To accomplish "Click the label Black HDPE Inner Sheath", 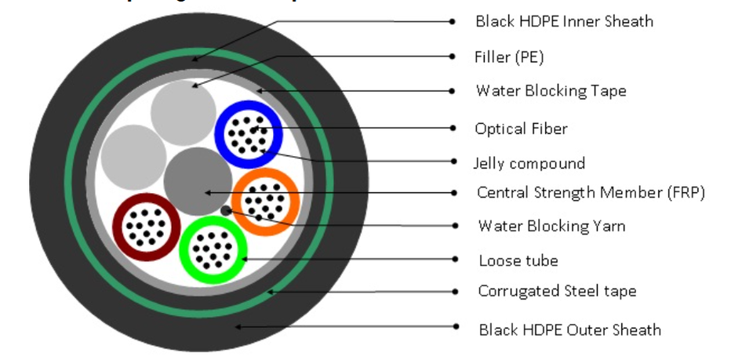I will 564,21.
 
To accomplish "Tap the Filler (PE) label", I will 509,56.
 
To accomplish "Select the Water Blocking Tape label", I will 551,91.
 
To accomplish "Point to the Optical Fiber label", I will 521,128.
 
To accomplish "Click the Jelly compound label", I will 529,163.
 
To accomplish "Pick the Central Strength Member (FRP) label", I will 591,192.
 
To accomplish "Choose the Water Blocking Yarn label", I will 551,226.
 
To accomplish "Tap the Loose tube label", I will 518,260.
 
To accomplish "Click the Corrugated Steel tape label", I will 557,291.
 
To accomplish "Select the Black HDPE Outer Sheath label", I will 569,329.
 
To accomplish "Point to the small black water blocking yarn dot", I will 227,209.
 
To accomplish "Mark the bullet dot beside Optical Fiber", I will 453,127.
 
